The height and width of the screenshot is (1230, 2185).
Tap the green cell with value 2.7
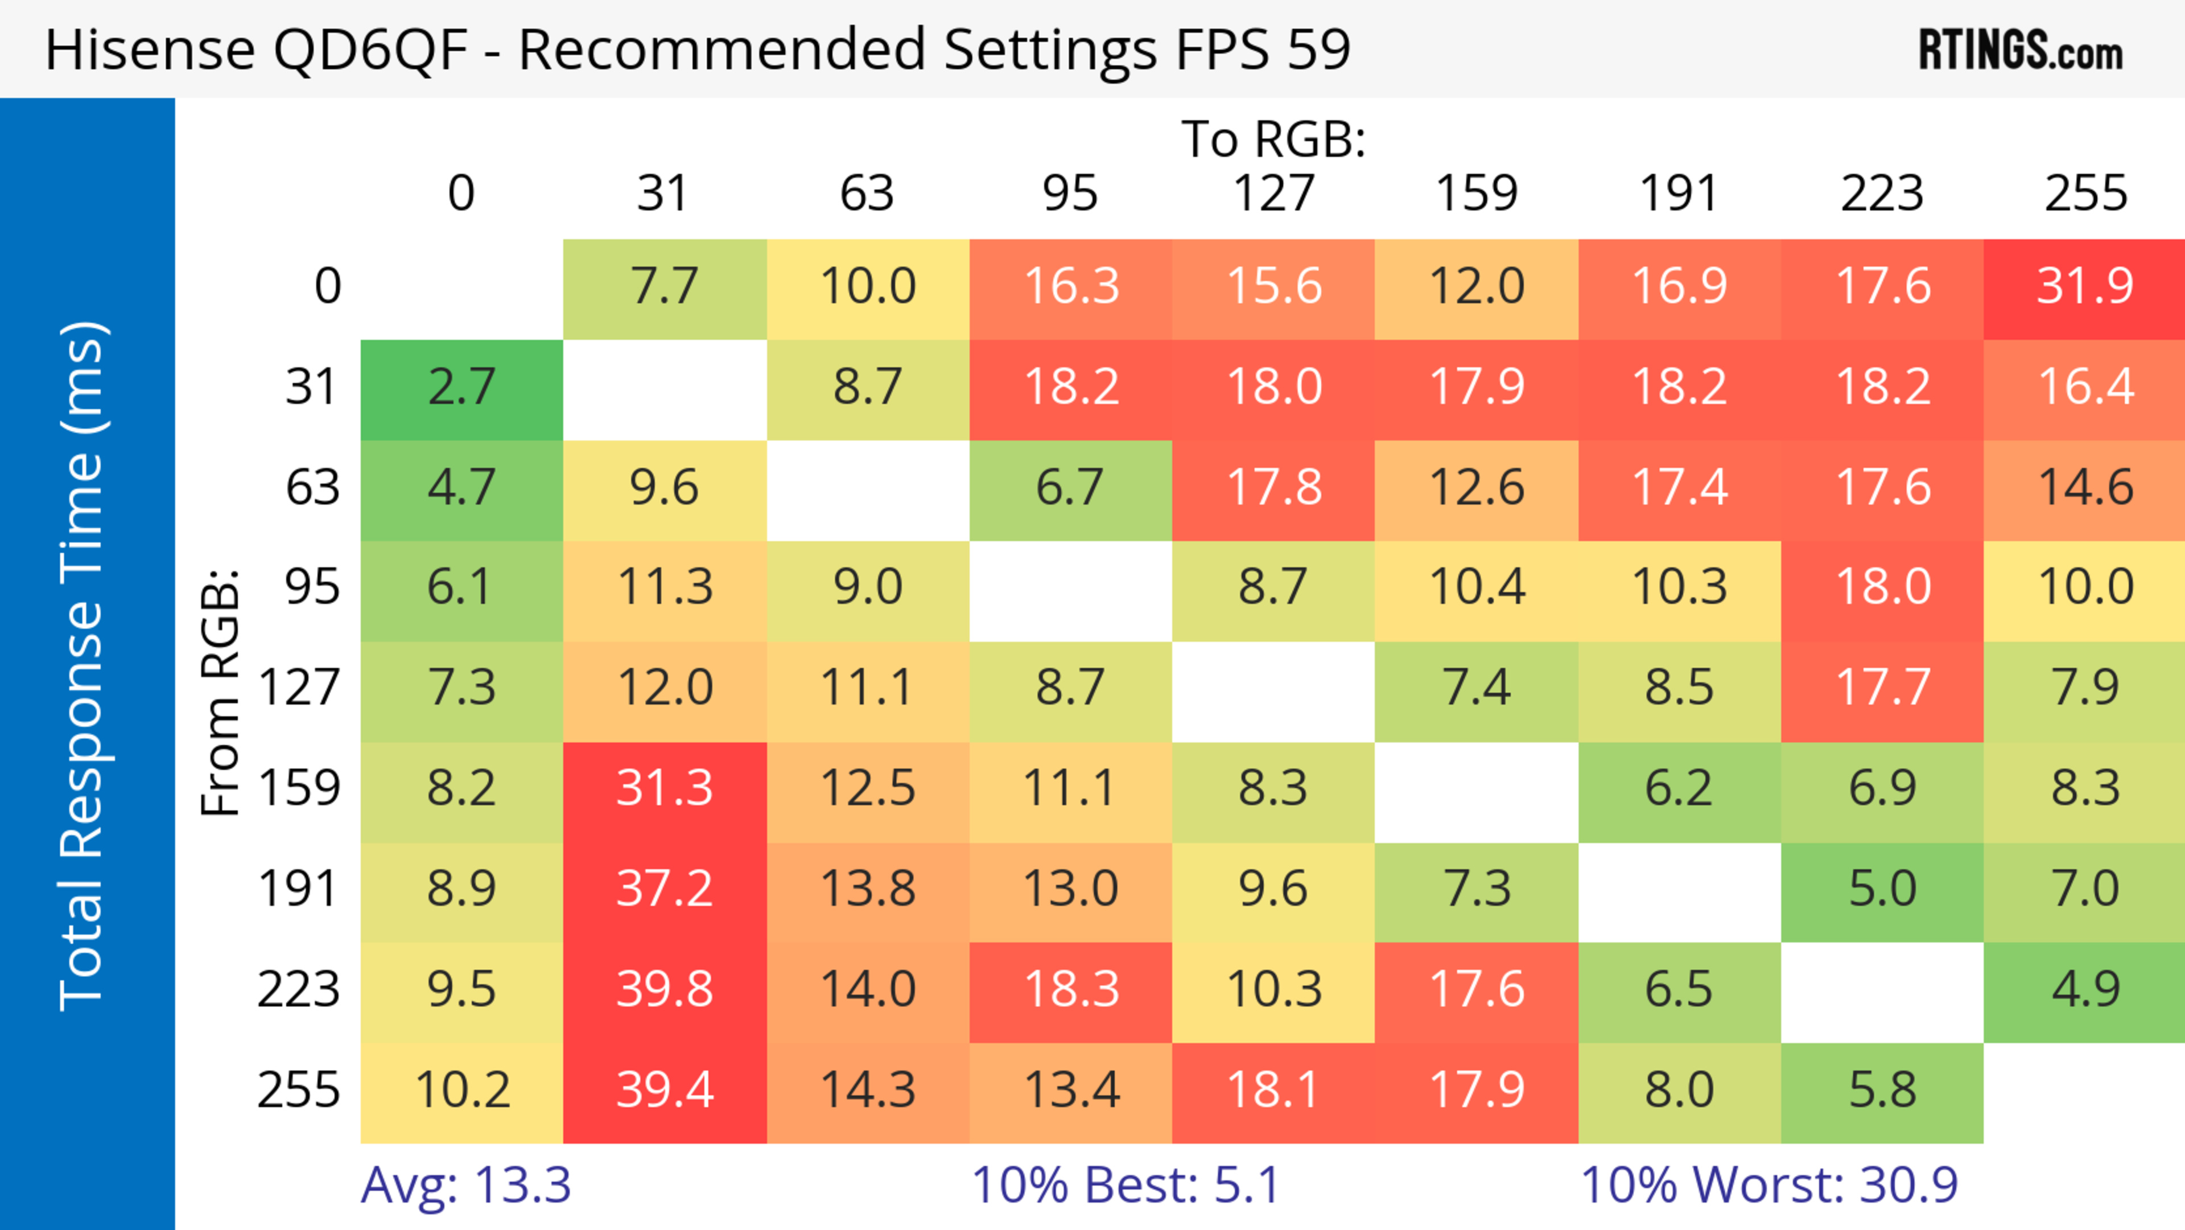[461, 388]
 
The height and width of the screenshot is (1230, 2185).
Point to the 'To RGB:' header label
[1273, 139]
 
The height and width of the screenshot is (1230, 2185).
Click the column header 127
[1273, 194]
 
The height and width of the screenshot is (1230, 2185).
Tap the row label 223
[299, 990]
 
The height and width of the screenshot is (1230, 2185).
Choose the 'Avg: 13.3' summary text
[465, 1185]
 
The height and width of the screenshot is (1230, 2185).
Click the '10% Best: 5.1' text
[1125, 1185]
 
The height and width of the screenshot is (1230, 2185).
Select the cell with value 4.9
[2085, 990]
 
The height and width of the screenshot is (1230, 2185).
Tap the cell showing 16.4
[2085, 388]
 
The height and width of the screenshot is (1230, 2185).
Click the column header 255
[2085, 194]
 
